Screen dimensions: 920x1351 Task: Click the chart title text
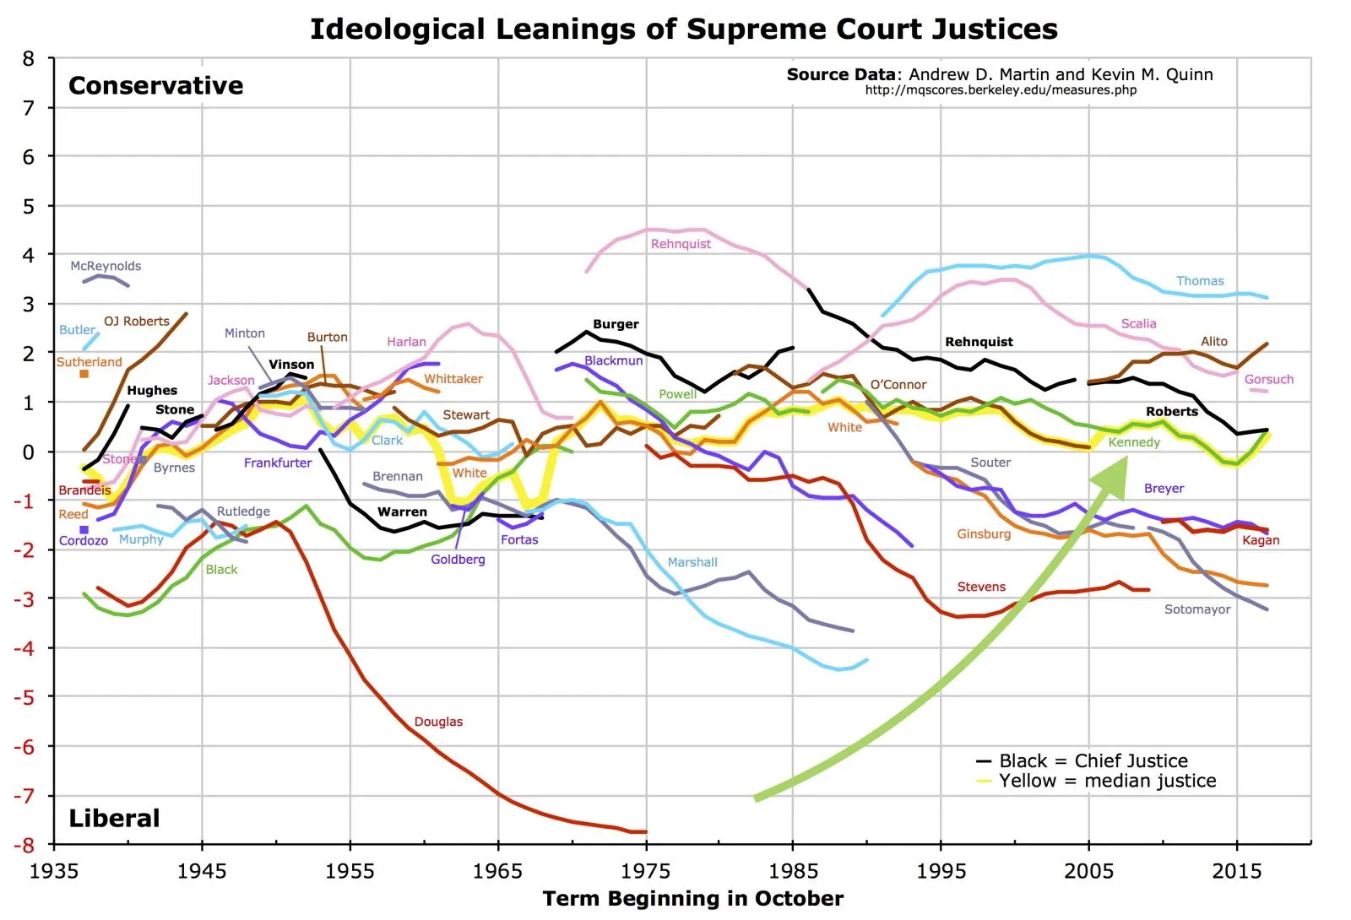683,29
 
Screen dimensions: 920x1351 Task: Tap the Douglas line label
438,722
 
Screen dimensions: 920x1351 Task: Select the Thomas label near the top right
1199,281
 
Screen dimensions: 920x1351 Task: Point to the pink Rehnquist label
681,244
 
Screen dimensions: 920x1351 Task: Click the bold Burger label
616,324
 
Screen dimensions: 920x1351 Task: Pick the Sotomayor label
1196,609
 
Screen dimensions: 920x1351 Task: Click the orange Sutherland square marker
84,374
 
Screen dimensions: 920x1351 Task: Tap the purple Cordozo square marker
84,530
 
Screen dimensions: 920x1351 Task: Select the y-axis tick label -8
29,844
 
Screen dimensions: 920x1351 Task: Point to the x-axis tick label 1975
646,871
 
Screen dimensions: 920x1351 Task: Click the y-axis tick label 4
29,255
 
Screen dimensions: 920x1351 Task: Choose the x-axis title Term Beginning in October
692,899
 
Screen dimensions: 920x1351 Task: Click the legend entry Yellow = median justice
1106,781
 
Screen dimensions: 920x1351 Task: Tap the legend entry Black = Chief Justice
1093,760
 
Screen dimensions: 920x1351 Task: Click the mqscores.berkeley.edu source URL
1001,90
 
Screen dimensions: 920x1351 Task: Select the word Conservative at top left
155,86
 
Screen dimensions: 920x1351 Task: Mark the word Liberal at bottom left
114,818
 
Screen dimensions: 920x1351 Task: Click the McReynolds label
106,266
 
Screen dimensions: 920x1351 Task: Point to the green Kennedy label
1134,442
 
